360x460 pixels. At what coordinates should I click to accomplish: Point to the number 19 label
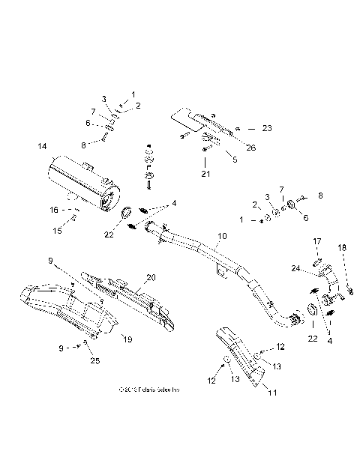[x=127, y=339]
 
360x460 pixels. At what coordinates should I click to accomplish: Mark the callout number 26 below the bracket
[x=250, y=148]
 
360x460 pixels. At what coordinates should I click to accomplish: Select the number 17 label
[x=316, y=241]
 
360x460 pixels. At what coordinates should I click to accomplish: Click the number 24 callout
[x=295, y=267]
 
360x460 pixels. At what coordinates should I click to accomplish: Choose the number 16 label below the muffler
[x=54, y=211]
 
